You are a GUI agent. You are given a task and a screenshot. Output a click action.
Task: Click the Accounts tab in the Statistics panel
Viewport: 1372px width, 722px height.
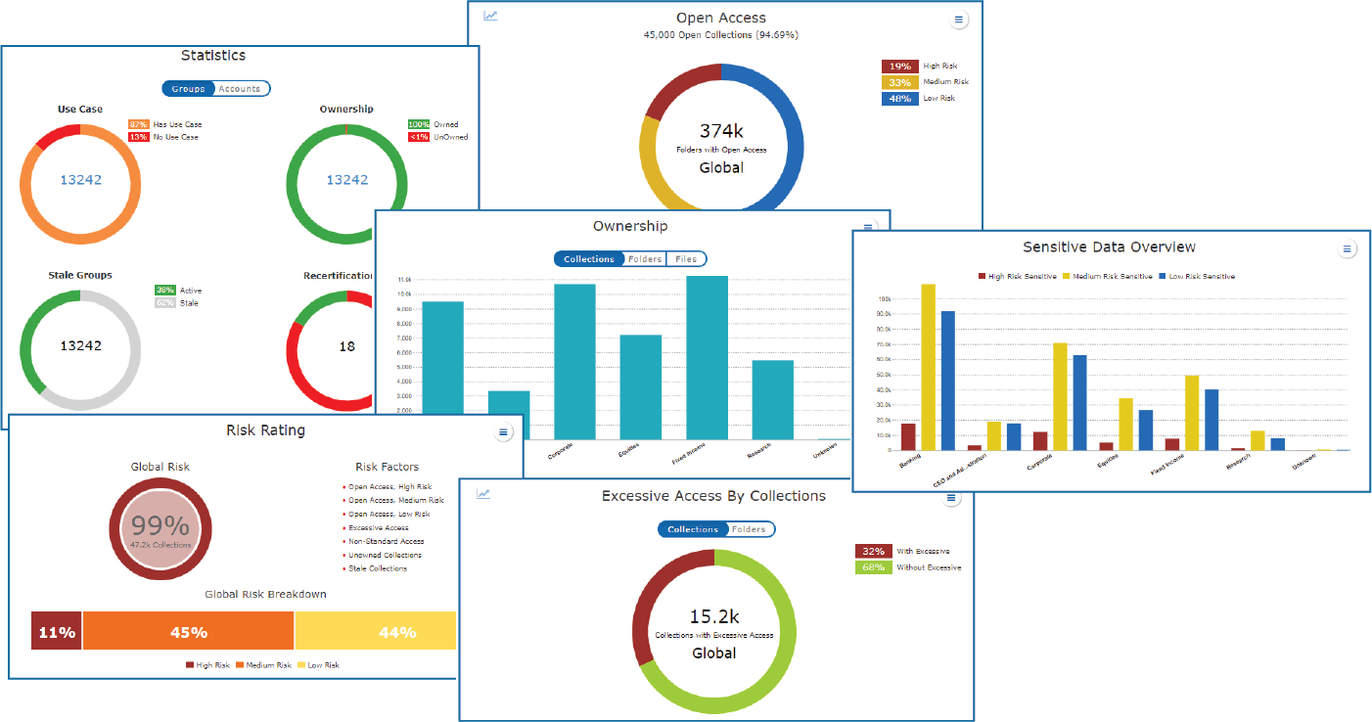[240, 89]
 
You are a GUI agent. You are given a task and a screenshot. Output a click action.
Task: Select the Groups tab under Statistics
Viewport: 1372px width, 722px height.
[188, 89]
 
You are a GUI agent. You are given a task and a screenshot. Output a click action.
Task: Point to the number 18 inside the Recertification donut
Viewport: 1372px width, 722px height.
[347, 346]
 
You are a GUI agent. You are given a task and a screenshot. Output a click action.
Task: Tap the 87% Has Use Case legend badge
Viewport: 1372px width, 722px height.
[138, 125]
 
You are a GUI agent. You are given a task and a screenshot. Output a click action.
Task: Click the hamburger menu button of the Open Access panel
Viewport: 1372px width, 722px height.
[959, 20]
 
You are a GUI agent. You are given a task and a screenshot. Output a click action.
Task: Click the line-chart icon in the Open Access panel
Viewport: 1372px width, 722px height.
[491, 16]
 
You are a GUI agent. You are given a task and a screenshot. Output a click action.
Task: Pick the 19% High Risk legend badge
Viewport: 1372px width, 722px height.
[899, 67]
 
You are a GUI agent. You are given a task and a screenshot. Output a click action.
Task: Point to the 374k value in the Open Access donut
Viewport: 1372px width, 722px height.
[721, 131]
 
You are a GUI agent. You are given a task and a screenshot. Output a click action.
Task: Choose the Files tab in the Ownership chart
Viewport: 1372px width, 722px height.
[686, 259]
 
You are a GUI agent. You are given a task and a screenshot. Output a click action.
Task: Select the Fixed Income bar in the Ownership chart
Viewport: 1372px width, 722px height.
[707, 357]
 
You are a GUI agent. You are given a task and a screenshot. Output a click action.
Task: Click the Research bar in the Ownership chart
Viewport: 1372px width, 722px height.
[772, 399]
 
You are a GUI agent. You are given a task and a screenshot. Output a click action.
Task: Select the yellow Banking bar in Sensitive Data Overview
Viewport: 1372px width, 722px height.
[928, 367]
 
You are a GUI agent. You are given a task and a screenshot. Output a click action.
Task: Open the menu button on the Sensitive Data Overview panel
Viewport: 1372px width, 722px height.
[1347, 249]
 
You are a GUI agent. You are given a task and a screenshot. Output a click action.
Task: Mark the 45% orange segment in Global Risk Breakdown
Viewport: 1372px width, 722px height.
[188, 632]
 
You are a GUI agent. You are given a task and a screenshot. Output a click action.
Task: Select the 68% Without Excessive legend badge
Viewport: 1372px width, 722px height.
[873, 567]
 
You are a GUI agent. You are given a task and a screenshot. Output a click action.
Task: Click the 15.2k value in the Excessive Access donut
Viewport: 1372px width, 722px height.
[713, 616]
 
